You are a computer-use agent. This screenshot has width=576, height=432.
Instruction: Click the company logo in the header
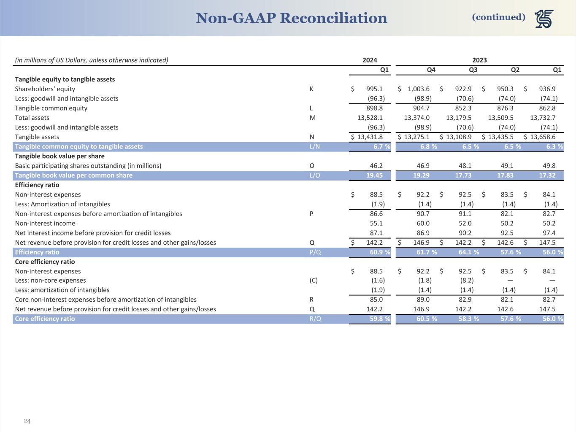tap(544, 19)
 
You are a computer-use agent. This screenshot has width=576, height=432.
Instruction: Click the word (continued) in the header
tap(498, 17)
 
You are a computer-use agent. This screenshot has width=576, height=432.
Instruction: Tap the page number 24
tap(27, 421)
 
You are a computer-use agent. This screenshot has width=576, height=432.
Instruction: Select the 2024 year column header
tap(370, 60)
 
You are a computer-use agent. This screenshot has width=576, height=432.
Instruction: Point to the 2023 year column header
tap(479, 60)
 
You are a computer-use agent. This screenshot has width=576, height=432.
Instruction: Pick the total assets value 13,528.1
tap(370, 118)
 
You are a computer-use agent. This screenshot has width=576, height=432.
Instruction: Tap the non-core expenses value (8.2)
tap(466, 281)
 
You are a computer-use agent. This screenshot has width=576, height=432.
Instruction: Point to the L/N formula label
tap(315, 147)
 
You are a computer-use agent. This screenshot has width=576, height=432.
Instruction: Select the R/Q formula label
tap(315, 319)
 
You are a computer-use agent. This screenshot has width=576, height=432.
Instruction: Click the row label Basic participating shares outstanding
tap(88, 166)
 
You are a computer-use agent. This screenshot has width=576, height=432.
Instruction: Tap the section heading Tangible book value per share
tap(59, 156)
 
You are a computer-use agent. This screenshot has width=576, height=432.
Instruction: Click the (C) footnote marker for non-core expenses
tap(314, 281)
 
